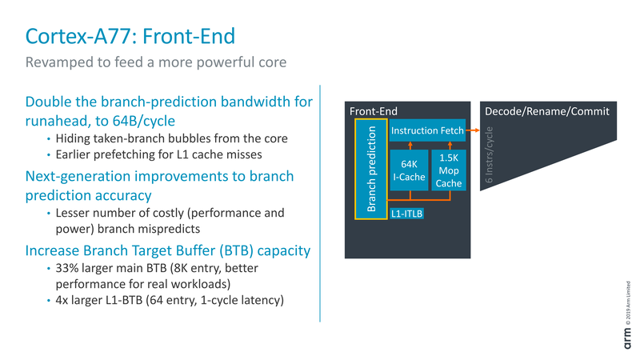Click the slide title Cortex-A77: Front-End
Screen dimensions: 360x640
click(x=130, y=36)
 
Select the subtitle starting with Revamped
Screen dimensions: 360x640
click(x=156, y=62)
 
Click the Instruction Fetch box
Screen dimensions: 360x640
click(x=426, y=130)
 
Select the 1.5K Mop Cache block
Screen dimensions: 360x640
click(x=448, y=170)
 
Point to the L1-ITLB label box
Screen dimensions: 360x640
click(x=407, y=214)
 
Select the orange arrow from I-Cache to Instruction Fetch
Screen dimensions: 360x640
click(x=409, y=145)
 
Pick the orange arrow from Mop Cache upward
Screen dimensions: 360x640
click(x=448, y=145)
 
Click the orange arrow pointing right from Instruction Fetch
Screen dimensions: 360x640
click(x=472, y=130)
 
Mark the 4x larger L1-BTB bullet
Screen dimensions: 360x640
click(x=170, y=300)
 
